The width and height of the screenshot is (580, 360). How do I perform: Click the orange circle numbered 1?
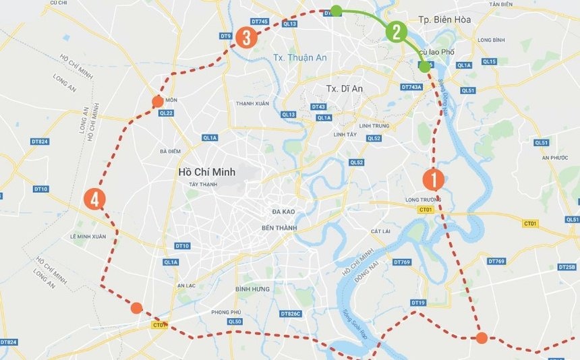[433, 180]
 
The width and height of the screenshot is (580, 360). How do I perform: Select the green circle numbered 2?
[396, 32]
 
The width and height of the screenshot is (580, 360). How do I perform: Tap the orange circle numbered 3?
[246, 38]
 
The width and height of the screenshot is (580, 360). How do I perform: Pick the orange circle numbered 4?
[95, 200]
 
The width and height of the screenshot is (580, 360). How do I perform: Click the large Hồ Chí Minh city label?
[206, 172]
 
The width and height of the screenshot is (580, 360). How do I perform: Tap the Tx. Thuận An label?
[300, 57]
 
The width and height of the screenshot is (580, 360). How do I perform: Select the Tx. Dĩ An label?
[345, 89]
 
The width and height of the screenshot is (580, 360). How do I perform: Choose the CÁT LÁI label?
[380, 231]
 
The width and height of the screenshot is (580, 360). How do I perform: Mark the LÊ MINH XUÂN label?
[88, 237]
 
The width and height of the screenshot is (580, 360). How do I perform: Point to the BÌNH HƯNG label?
[253, 289]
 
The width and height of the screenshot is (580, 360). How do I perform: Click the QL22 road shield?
[167, 113]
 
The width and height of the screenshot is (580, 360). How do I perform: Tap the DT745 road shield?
[260, 22]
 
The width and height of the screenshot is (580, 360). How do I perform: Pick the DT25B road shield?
[567, 267]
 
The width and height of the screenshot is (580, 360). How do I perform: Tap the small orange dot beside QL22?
[157, 102]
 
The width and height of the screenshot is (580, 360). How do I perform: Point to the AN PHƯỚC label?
[552, 158]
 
